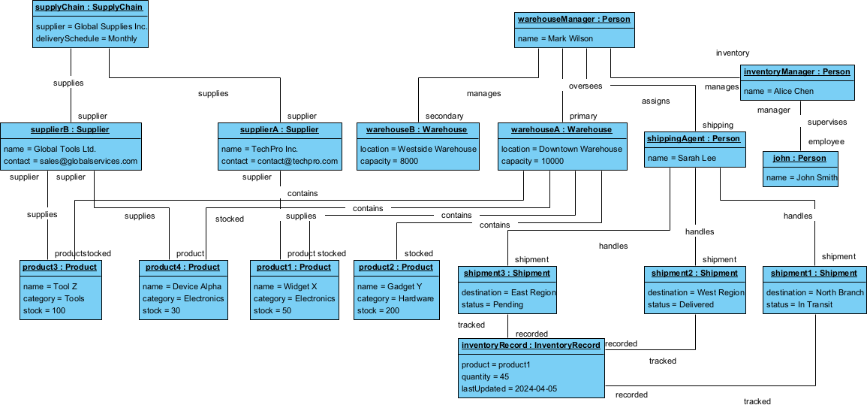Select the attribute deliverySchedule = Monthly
pos(86,38)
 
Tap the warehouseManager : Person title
pos(574,19)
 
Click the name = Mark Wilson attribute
pos(555,38)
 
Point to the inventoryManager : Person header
pos(797,72)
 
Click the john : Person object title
pos(799,159)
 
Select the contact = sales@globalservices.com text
pos(71,162)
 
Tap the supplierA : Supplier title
pos(280,130)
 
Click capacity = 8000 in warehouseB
pos(389,162)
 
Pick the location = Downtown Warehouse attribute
pos(561,149)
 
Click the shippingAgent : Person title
pos(694,139)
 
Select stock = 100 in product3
pos(45,310)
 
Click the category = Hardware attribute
pos(396,298)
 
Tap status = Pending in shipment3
pos(492,304)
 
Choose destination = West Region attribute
pos(695,292)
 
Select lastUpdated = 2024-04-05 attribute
pos(509,388)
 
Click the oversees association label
pos(585,86)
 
